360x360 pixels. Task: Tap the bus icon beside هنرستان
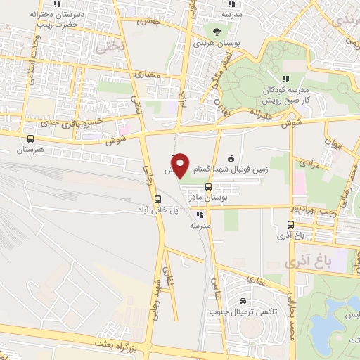tap(30, 139)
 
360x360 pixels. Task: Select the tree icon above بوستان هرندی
tap(217, 32)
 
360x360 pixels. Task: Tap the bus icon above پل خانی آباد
tap(157, 199)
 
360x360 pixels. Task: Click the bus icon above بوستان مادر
tap(208, 186)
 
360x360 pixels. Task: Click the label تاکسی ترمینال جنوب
tap(240, 311)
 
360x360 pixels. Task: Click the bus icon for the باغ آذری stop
tap(291, 225)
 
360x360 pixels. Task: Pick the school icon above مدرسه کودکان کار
tap(285, 79)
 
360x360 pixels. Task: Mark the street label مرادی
tap(310, 163)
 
